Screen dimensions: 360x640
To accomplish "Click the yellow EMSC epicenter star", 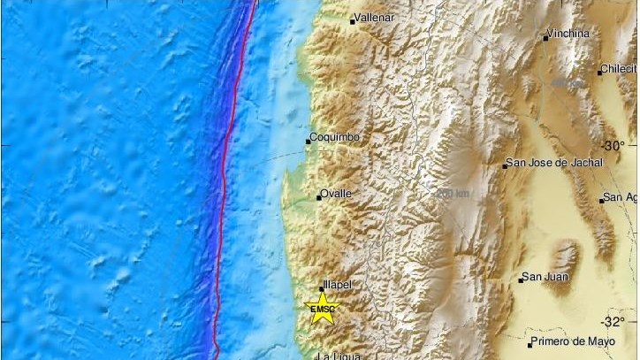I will click(322, 308).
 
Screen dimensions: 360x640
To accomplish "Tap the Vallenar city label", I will click(376, 17).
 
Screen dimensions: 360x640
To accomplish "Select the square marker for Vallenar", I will click(352, 21).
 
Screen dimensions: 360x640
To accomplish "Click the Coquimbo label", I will click(333, 138).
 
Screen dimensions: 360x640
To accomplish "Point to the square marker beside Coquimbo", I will click(309, 141).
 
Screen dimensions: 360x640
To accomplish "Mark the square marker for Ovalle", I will click(319, 197).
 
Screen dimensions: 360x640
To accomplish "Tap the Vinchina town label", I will click(569, 34).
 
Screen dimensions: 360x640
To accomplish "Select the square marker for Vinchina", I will click(545, 38).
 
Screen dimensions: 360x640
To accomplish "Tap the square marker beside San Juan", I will click(522, 280).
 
